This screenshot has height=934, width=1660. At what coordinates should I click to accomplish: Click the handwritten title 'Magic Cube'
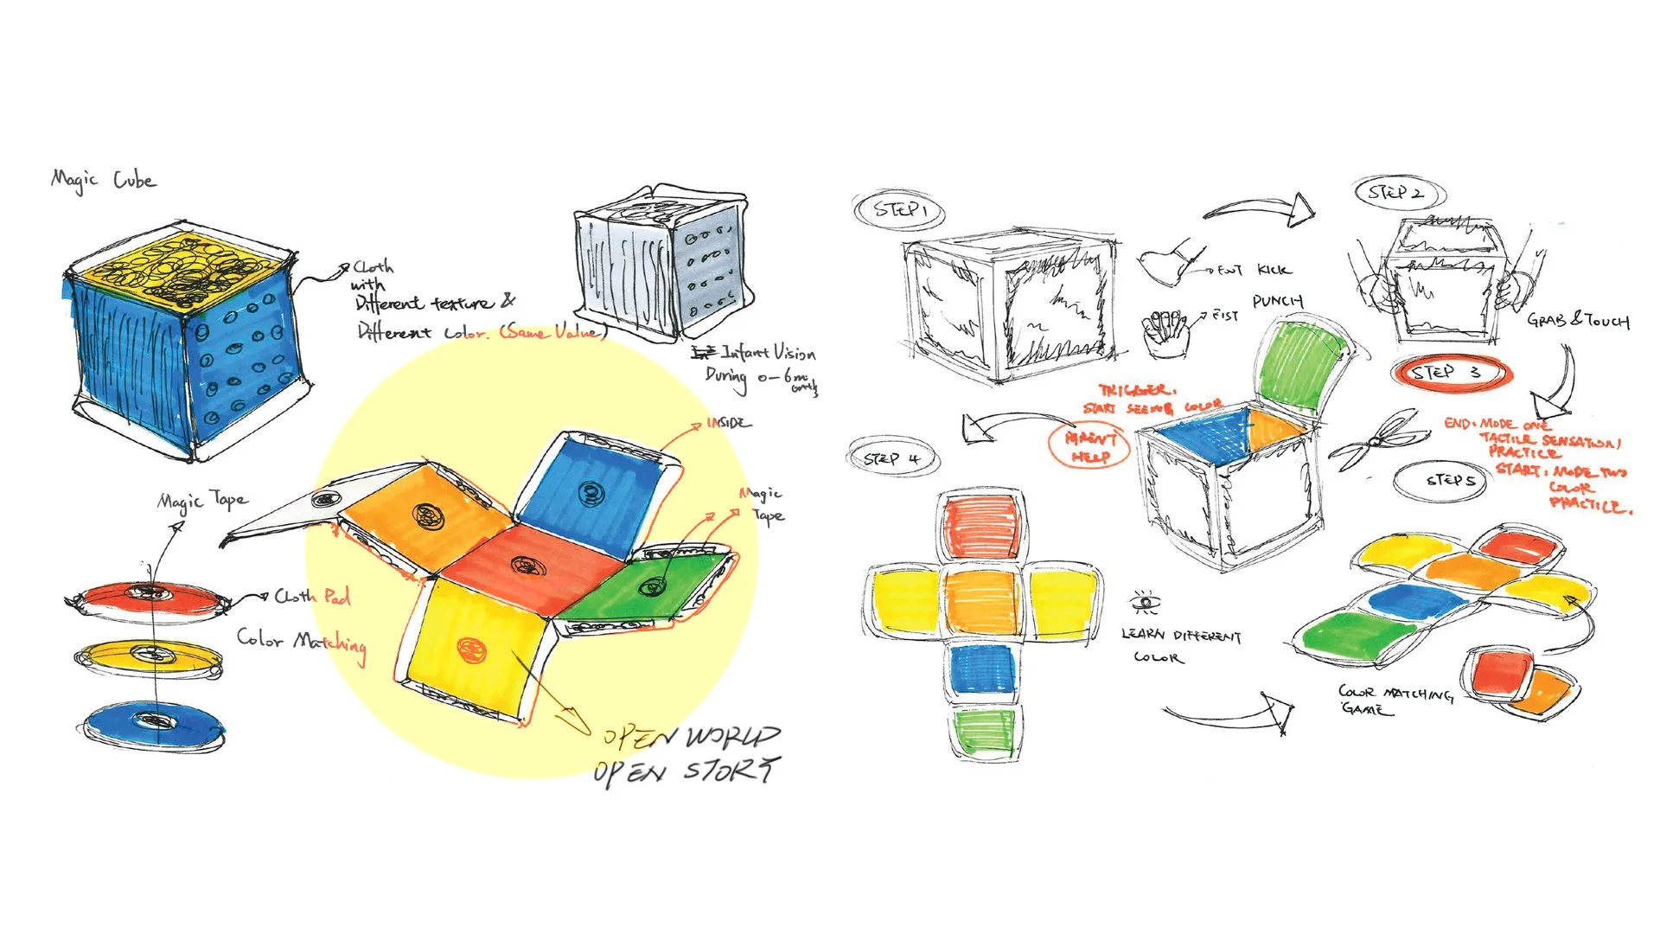(x=104, y=180)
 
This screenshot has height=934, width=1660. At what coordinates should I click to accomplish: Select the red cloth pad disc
(x=149, y=595)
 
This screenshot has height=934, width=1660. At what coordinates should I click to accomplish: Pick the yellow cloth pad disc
(x=149, y=656)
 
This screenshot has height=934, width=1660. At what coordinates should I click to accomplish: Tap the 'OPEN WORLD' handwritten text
(x=692, y=737)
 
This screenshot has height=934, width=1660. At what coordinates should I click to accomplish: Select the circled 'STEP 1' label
(x=899, y=210)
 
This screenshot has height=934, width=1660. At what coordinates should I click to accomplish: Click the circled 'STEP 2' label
(x=1397, y=193)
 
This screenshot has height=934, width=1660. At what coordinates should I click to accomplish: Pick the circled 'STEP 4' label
(x=892, y=458)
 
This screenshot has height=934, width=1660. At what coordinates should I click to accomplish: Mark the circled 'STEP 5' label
(x=1451, y=480)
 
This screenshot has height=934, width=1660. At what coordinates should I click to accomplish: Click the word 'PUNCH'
(x=1277, y=301)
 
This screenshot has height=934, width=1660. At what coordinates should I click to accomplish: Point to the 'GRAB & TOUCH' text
(x=1578, y=321)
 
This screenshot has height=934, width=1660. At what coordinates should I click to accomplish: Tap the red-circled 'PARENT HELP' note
(x=1089, y=446)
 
